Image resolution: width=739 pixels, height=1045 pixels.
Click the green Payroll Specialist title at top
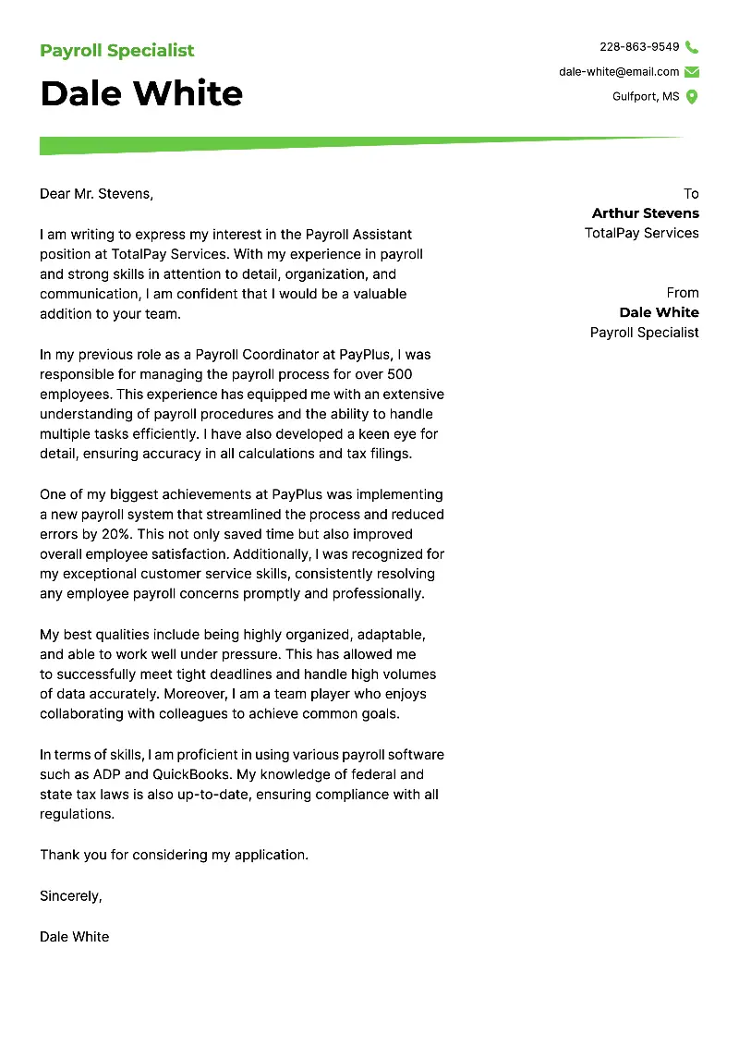pos(117,51)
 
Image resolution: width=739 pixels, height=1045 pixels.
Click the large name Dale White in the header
pos(141,93)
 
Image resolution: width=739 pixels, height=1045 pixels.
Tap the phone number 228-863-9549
pos(639,47)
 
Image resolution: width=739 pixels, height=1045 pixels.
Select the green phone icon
pos(692,47)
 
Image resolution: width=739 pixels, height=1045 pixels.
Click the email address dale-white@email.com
pos(619,72)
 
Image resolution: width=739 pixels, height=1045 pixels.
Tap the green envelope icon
pos(692,72)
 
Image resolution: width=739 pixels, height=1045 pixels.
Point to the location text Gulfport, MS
pos(646,97)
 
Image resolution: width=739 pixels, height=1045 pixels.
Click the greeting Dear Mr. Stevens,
pos(96,194)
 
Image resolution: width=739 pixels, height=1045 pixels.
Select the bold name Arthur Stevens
pos(645,213)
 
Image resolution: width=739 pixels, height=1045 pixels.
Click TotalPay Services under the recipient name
pos(641,234)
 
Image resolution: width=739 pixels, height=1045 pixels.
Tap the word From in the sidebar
pos(683,293)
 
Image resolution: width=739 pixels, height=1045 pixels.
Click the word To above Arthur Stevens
pos(691,194)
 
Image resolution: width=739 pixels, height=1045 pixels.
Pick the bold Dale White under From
pos(659,313)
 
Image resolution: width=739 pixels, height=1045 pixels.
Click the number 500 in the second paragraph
pos(399,374)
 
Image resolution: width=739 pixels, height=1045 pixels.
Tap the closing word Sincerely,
pos(71,895)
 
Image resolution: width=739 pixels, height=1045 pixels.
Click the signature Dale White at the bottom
pos(74,936)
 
